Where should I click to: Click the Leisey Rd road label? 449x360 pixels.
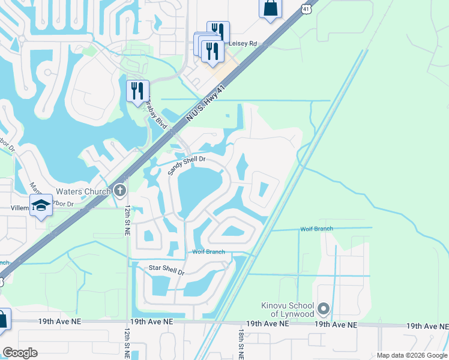tap(244, 44)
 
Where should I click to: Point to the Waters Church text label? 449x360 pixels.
tap(83, 191)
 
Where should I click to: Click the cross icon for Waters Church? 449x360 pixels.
tap(120, 191)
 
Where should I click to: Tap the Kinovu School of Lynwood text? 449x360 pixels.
tap(288, 310)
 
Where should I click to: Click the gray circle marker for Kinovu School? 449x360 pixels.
tap(324, 310)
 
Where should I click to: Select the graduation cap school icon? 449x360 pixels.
tap(41, 205)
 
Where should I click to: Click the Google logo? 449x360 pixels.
tap(20, 353)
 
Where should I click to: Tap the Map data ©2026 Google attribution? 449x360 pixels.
tap(412, 355)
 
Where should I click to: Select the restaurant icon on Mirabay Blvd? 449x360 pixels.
tap(137, 91)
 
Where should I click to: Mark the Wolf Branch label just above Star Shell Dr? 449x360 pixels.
tap(208, 252)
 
